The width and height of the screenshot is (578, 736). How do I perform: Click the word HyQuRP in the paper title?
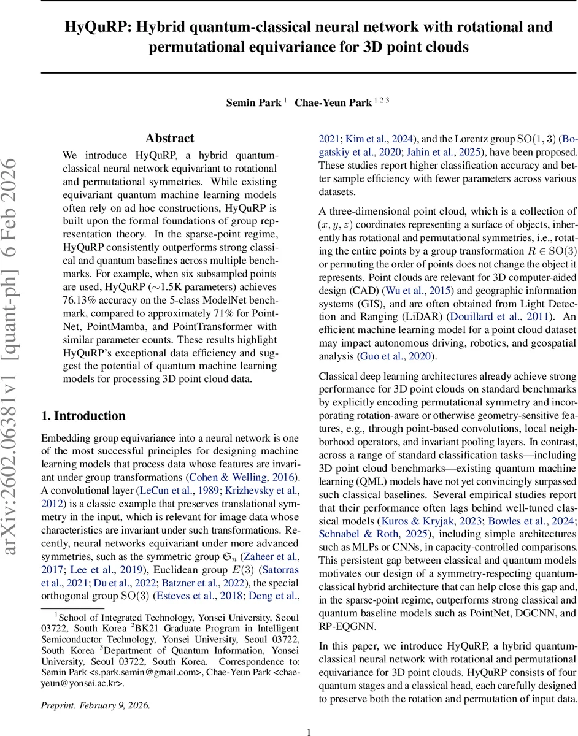point(93,28)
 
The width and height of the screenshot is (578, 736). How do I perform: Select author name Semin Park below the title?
point(253,102)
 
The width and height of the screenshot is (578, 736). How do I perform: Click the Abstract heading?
point(170,139)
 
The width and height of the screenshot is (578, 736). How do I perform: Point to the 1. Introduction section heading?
point(83,416)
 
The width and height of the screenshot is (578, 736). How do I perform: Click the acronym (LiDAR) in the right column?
point(429,317)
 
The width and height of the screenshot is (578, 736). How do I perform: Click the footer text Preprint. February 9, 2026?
point(95,706)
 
